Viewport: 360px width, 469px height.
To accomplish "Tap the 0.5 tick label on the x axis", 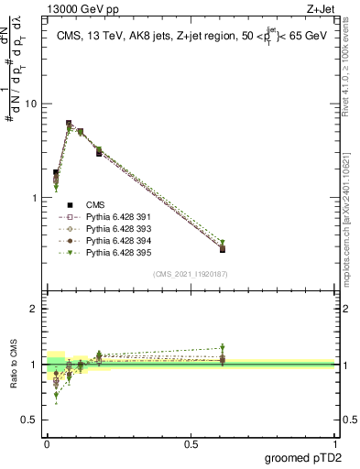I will pyautogui.click(x=191, y=443).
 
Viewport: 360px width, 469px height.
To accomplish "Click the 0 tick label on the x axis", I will pyautogui.click(x=47, y=443).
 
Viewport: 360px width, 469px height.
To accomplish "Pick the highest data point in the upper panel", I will pyautogui.click(x=69, y=123).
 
